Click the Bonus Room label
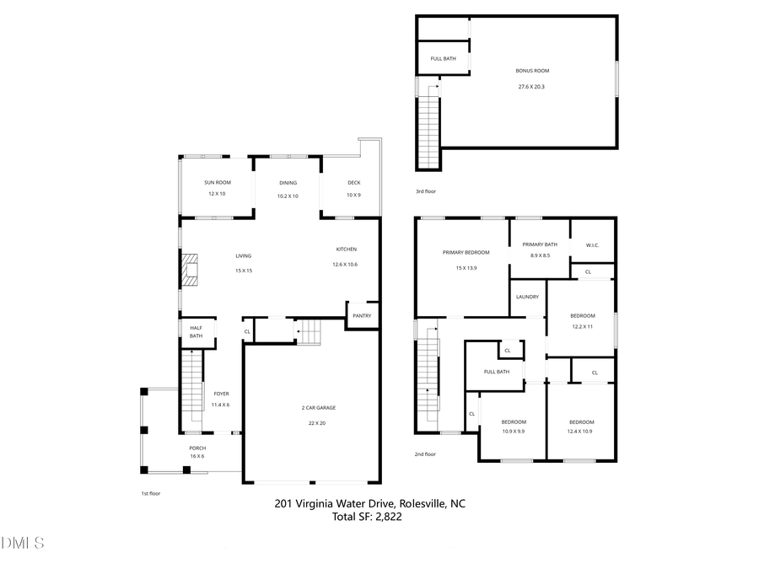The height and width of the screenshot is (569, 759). pyautogui.click(x=532, y=71)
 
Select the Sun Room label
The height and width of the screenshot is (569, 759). pyautogui.click(x=217, y=182)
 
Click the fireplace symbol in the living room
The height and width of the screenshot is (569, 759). pyautogui.click(x=190, y=270)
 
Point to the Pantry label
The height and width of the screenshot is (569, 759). pyautogui.click(x=362, y=316)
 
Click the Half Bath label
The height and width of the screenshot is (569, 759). pyautogui.click(x=196, y=332)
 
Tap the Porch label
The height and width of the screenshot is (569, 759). pyautogui.click(x=196, y=448)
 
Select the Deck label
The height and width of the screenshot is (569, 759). pyautogui.click(x=353, y=182)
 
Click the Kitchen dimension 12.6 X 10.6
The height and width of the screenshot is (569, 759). pyautogui.click(x=346, y=265)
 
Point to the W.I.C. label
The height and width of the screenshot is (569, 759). pyautogui.click(x=592, y=246)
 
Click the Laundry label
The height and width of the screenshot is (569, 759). pyautogui.click(x=527, y=297)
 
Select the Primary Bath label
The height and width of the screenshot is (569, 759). pyautogui.click(x=540, y=244)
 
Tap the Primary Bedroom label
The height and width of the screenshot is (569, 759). pyautogui.click(x=466, y=252)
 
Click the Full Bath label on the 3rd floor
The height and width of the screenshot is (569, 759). pyautogui.click(x=443, y=58)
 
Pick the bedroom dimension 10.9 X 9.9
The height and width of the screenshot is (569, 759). pyautogui.click(x=513, y=432)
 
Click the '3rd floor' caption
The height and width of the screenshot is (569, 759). pyautogui.click(x=425, y=191)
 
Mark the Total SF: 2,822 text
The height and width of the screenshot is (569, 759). pyautogui.click(x=368, y=517)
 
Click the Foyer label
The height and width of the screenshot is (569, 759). pyautogui.click(x=221, y=394)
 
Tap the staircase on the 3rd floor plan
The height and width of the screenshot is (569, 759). pyautogui.click(x=431, y=126)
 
